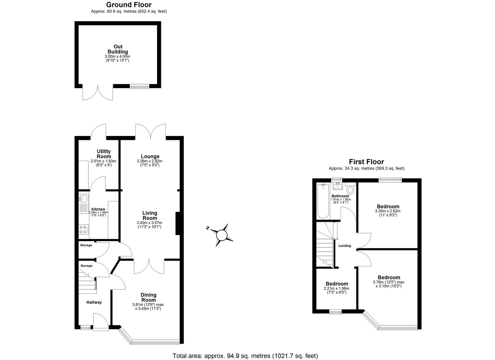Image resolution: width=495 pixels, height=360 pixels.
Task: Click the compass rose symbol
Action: [x=221, y=235]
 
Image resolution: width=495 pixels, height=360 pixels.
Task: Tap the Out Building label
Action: [x=118, y=49]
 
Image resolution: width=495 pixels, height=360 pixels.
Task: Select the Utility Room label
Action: [x=104, y=154]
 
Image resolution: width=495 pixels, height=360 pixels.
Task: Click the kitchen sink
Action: [x=83, y=199]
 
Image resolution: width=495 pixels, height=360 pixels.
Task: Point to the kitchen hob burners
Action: [x=83, y=230]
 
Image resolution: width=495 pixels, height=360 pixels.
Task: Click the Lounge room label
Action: [x=150, y=156]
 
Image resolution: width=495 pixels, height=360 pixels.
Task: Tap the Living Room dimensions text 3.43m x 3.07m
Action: [x=149, y=223]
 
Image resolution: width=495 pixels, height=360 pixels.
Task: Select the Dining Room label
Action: [x=148, y=297]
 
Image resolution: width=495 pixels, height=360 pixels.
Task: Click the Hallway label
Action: [x=94, y=302]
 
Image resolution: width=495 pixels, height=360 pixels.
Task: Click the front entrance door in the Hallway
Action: [x=100, y=322]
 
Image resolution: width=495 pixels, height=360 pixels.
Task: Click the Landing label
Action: [x=345, y=246]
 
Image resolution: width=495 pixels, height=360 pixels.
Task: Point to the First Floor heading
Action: [x=366, y=162]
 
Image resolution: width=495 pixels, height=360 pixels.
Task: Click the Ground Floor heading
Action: [x=129, y=5]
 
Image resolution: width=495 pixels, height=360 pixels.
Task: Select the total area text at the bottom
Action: [x=245, y=356]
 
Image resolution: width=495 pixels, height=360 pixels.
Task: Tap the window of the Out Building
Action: [x=139, y=86]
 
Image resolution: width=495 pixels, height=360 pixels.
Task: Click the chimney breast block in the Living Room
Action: [x=178, y=223]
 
